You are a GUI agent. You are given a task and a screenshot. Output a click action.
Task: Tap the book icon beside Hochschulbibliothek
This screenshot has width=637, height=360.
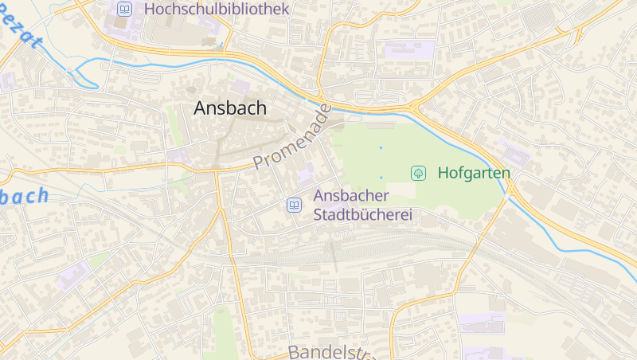coord(123,10)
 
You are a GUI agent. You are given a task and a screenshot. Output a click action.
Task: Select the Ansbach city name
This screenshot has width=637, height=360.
coord(230,109)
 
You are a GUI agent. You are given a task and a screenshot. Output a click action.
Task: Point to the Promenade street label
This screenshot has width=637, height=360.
coord(291,137)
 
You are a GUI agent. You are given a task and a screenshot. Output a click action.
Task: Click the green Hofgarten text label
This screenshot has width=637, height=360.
coord(474,172)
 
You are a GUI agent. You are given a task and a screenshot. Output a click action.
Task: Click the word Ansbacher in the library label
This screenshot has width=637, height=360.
coord(351,195)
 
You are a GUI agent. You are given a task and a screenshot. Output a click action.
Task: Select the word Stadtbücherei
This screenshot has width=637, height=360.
coord(365,215)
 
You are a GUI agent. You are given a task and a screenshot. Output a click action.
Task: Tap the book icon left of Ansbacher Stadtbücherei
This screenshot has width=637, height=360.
coord(294,205)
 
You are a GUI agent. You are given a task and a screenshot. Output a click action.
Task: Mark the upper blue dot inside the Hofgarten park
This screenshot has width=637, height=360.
coord(381,148)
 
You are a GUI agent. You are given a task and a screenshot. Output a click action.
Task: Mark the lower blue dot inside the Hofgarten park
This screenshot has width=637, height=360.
coord(381,177)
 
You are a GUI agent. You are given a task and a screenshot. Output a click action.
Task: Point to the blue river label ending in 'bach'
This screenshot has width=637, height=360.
coord(24,196)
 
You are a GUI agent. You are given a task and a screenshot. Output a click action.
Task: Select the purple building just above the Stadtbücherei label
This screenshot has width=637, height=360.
coord(307,174)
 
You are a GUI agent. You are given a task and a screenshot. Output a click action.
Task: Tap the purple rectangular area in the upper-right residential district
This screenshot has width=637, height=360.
coord(410,49)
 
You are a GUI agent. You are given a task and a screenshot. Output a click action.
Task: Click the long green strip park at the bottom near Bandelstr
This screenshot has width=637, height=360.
coord(225,331)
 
